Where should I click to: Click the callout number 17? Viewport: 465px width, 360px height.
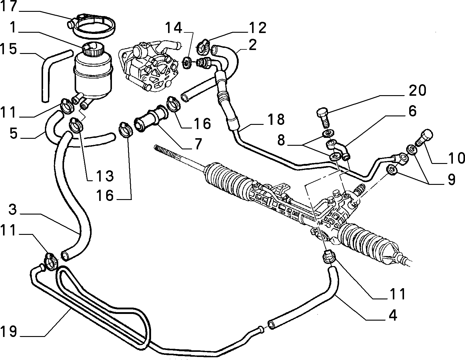pyautogui.click(x=8, y=6)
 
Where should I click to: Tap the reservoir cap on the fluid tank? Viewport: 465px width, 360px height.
pyautogui.click(x=92, y=49)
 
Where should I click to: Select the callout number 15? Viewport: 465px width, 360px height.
pyautogui.click(x=8, y=49)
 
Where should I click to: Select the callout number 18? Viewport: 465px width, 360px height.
pyautogui.click(x=276, y=119)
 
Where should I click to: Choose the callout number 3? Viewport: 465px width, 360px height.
pyautogui.click(x=13, y=209)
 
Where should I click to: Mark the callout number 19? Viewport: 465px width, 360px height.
pyautogui.click(x=8, y=332)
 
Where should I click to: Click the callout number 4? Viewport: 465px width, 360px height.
pyautogui.click(x=393, y=315)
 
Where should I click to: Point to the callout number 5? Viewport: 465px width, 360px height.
pyautogui.click(x=13, y=133)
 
